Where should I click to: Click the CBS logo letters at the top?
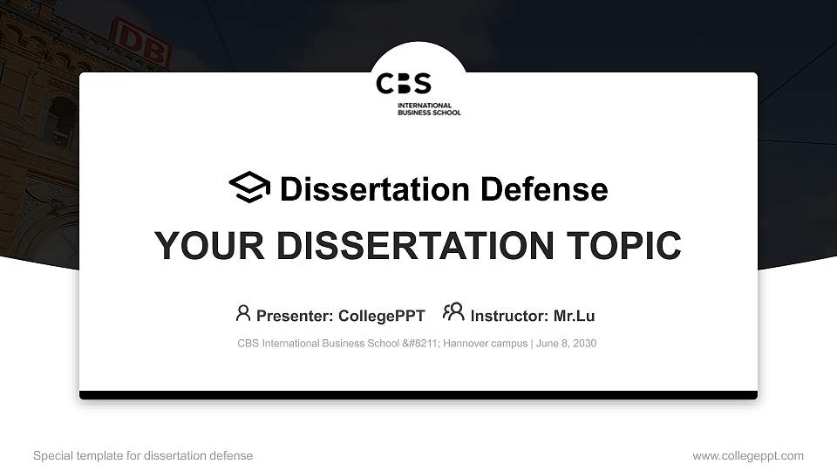coord(404,84)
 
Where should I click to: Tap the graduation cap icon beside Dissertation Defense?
coord(249,188)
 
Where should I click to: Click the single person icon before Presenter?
coord(243,314)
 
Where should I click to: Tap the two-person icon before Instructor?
coord(453,313)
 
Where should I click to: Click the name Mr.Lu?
coord(574,316)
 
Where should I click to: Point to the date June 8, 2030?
coord(567,344)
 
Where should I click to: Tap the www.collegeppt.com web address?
coord(748,455)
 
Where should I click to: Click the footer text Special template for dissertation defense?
coord(143,455)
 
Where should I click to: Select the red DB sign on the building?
coord(139,44)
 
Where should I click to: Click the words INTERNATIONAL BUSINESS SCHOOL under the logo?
coord(429,109)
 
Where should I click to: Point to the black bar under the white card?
coord(418,395)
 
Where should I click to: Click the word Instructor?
coord(507,316)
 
